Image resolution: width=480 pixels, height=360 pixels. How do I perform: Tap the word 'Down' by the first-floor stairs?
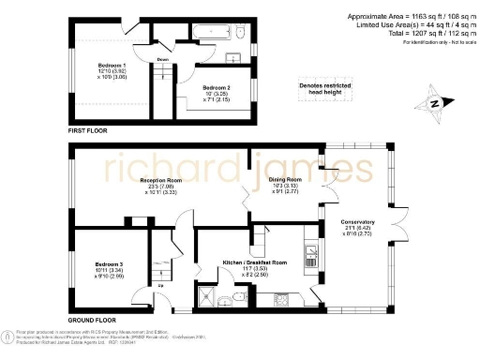(x=162, y=59)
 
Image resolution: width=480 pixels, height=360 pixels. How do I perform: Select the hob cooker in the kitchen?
(x=281, y=301)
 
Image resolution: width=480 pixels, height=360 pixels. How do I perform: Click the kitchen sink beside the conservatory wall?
(x=309, y=253)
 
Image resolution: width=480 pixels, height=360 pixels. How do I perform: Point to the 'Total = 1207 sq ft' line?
(x=413, y=34)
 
